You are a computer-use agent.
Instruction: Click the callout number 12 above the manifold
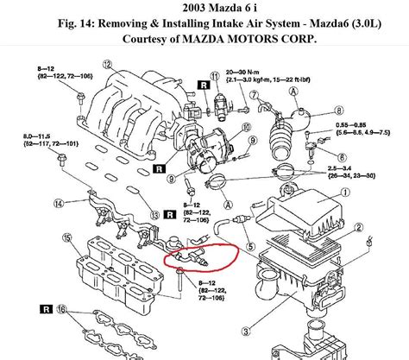coord(106,64)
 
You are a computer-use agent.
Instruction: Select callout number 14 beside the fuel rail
coord(58,204)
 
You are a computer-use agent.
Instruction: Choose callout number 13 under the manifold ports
coord(154,213)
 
